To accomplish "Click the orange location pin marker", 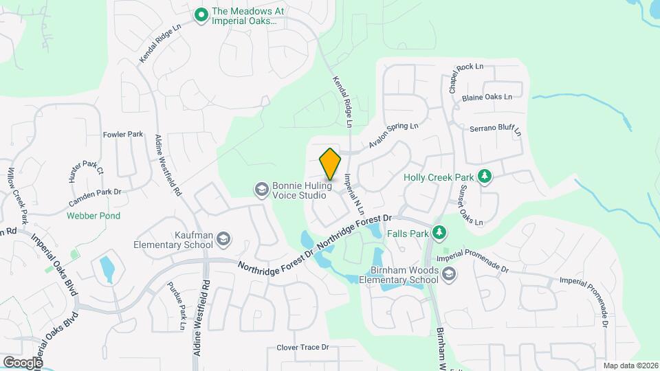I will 330,164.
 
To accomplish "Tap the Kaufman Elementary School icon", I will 223,239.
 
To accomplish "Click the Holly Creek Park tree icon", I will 485,177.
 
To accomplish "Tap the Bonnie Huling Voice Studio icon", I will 261,188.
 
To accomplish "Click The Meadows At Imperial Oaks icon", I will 201,14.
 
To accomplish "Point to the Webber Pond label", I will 93,216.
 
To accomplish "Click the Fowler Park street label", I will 123,134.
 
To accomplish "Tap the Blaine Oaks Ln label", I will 487,97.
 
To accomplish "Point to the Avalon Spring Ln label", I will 393,135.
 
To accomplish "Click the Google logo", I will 23,362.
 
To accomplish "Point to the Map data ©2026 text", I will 630,366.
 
